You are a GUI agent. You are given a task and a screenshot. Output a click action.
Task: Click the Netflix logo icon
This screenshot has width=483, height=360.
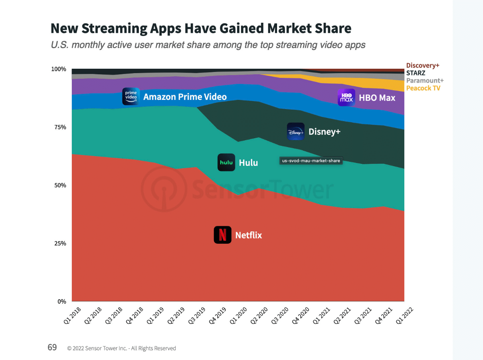click(222, 235)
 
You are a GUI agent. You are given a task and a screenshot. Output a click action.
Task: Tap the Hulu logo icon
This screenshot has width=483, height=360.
click(226, 163)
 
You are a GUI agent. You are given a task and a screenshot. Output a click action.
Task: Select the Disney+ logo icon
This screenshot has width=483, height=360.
click(296, 131)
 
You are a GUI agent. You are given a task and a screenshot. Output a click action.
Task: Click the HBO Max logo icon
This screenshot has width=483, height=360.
click(346, 97)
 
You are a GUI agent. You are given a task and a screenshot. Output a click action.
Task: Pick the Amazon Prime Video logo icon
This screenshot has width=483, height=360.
click(131, 96)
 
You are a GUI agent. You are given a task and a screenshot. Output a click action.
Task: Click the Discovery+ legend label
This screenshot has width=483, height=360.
click(422, 66)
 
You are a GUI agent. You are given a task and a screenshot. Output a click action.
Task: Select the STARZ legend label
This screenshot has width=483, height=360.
click(416, 73)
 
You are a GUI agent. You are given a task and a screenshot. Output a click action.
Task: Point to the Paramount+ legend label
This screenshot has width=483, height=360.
click(425, 81)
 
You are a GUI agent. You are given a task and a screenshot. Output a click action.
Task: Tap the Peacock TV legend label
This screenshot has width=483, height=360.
click(423, 88)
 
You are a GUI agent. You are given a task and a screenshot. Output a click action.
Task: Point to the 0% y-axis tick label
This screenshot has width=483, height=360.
click(61, 302)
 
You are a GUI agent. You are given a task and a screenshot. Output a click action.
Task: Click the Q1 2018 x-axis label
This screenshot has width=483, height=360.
click(73, 316)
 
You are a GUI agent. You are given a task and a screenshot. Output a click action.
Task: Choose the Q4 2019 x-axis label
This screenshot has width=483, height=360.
click(218, 316)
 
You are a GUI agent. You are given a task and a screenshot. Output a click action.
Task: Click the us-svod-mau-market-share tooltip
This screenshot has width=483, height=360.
click(311, 161)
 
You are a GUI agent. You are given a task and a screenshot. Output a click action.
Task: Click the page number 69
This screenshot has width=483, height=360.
click(52, 347)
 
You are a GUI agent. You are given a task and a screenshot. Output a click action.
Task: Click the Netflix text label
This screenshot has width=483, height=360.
click(248, 235)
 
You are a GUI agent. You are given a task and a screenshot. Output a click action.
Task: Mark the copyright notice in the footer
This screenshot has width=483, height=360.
click(121, 348)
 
